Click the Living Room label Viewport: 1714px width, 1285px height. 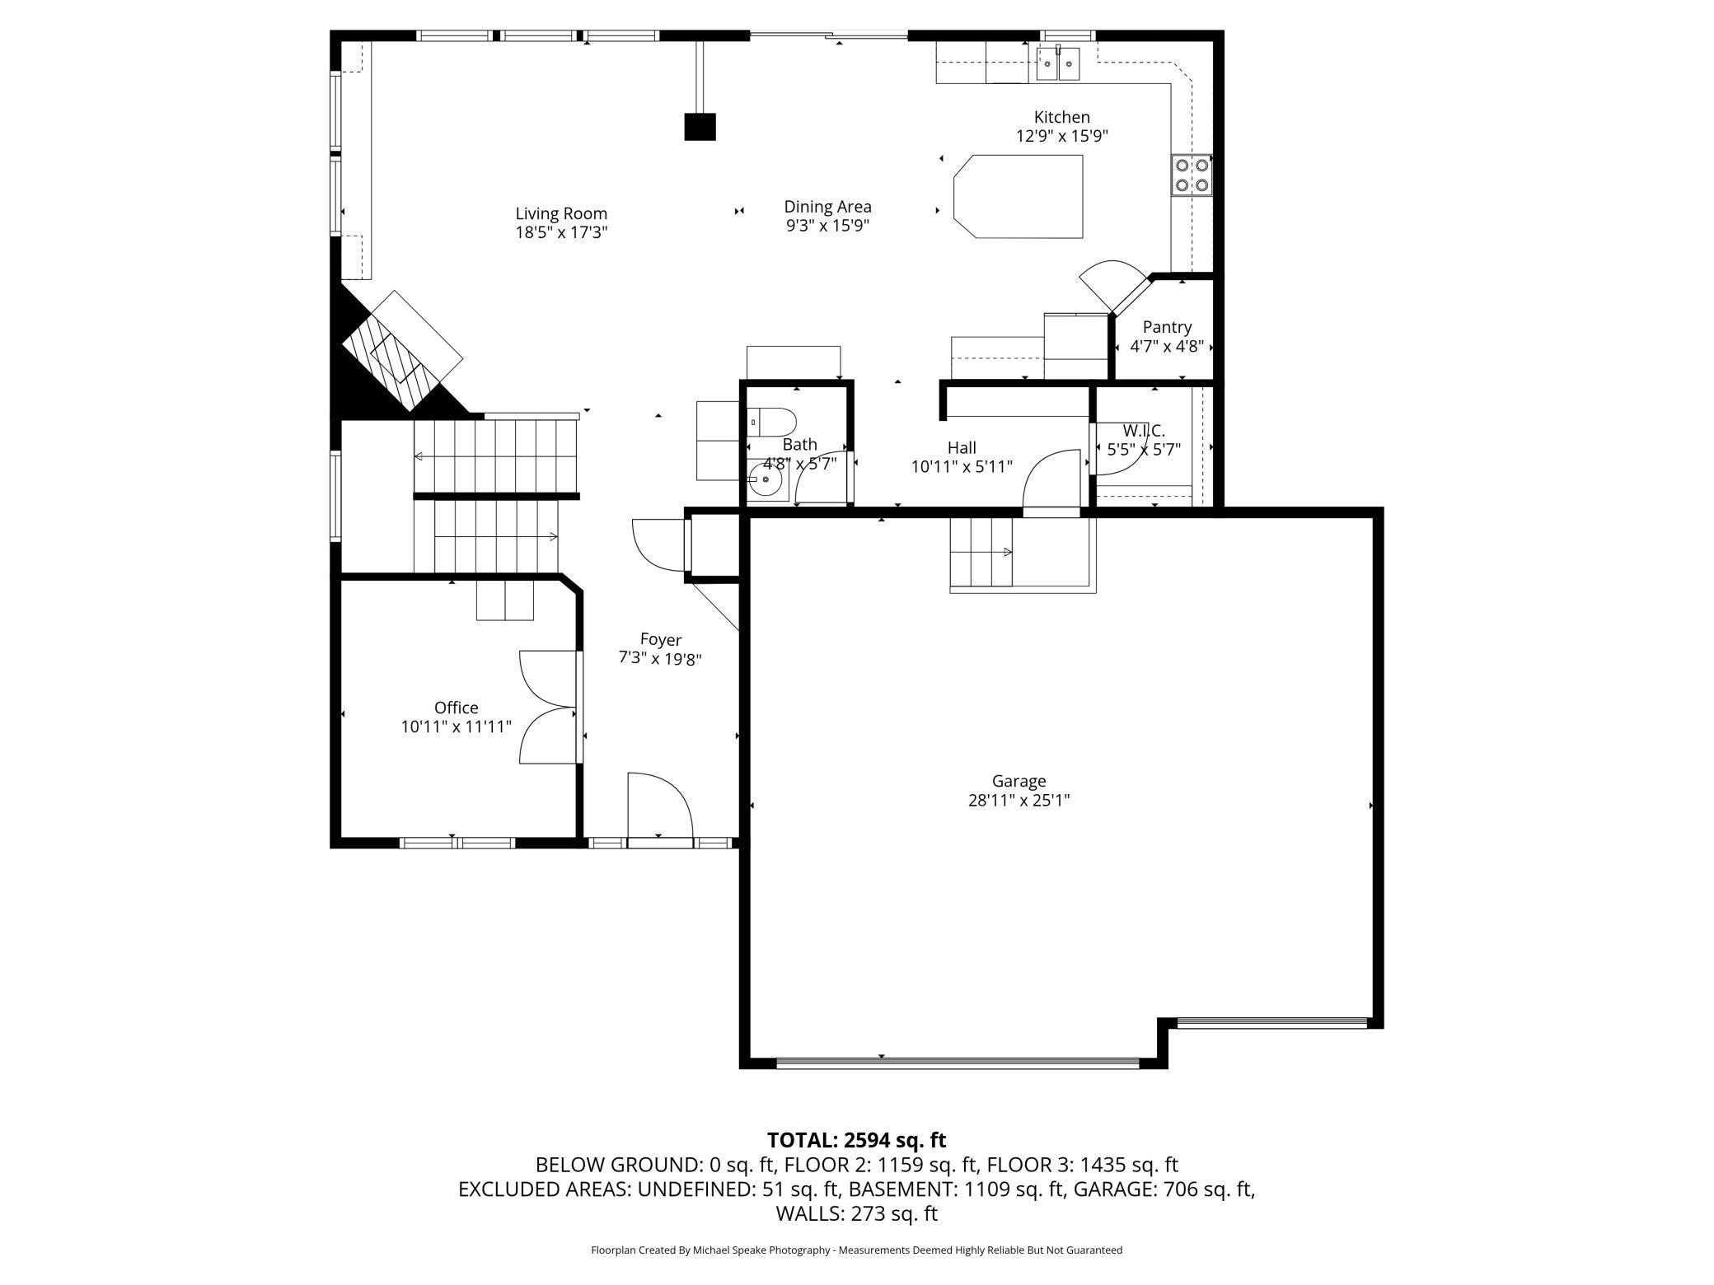click(x=561, y=214)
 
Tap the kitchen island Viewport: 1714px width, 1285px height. click(x=1018, y=196)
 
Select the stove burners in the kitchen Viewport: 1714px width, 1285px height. click(x=1192, y=175)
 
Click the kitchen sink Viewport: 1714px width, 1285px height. click(x=1058, y=63)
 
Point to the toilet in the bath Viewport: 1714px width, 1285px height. click(x=772, y=423)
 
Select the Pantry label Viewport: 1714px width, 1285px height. click(x=1167, y=327)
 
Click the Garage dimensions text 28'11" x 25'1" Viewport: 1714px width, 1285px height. click(x=1019, y=800)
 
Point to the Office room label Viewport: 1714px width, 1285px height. click(x=456, y=708)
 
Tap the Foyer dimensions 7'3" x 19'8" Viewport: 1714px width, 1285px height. click(x=660, y=658)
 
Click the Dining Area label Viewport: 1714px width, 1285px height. click(x=827, y=207)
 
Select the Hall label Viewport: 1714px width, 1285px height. click(x=962, y=447)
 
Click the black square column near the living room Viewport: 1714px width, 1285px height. click(x=700, y=127)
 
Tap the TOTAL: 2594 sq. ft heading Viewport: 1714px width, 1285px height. click(x=857, y=1140)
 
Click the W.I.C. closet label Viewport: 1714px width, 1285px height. click(x=1144, y=430)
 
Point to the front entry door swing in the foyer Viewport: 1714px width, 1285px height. click(x=660, y=805)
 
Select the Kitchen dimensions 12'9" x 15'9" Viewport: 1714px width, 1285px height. click(x=1062, y=136)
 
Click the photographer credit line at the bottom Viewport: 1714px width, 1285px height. click(x=856, y=1250)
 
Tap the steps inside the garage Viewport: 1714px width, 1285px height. click(x=981, y=551)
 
